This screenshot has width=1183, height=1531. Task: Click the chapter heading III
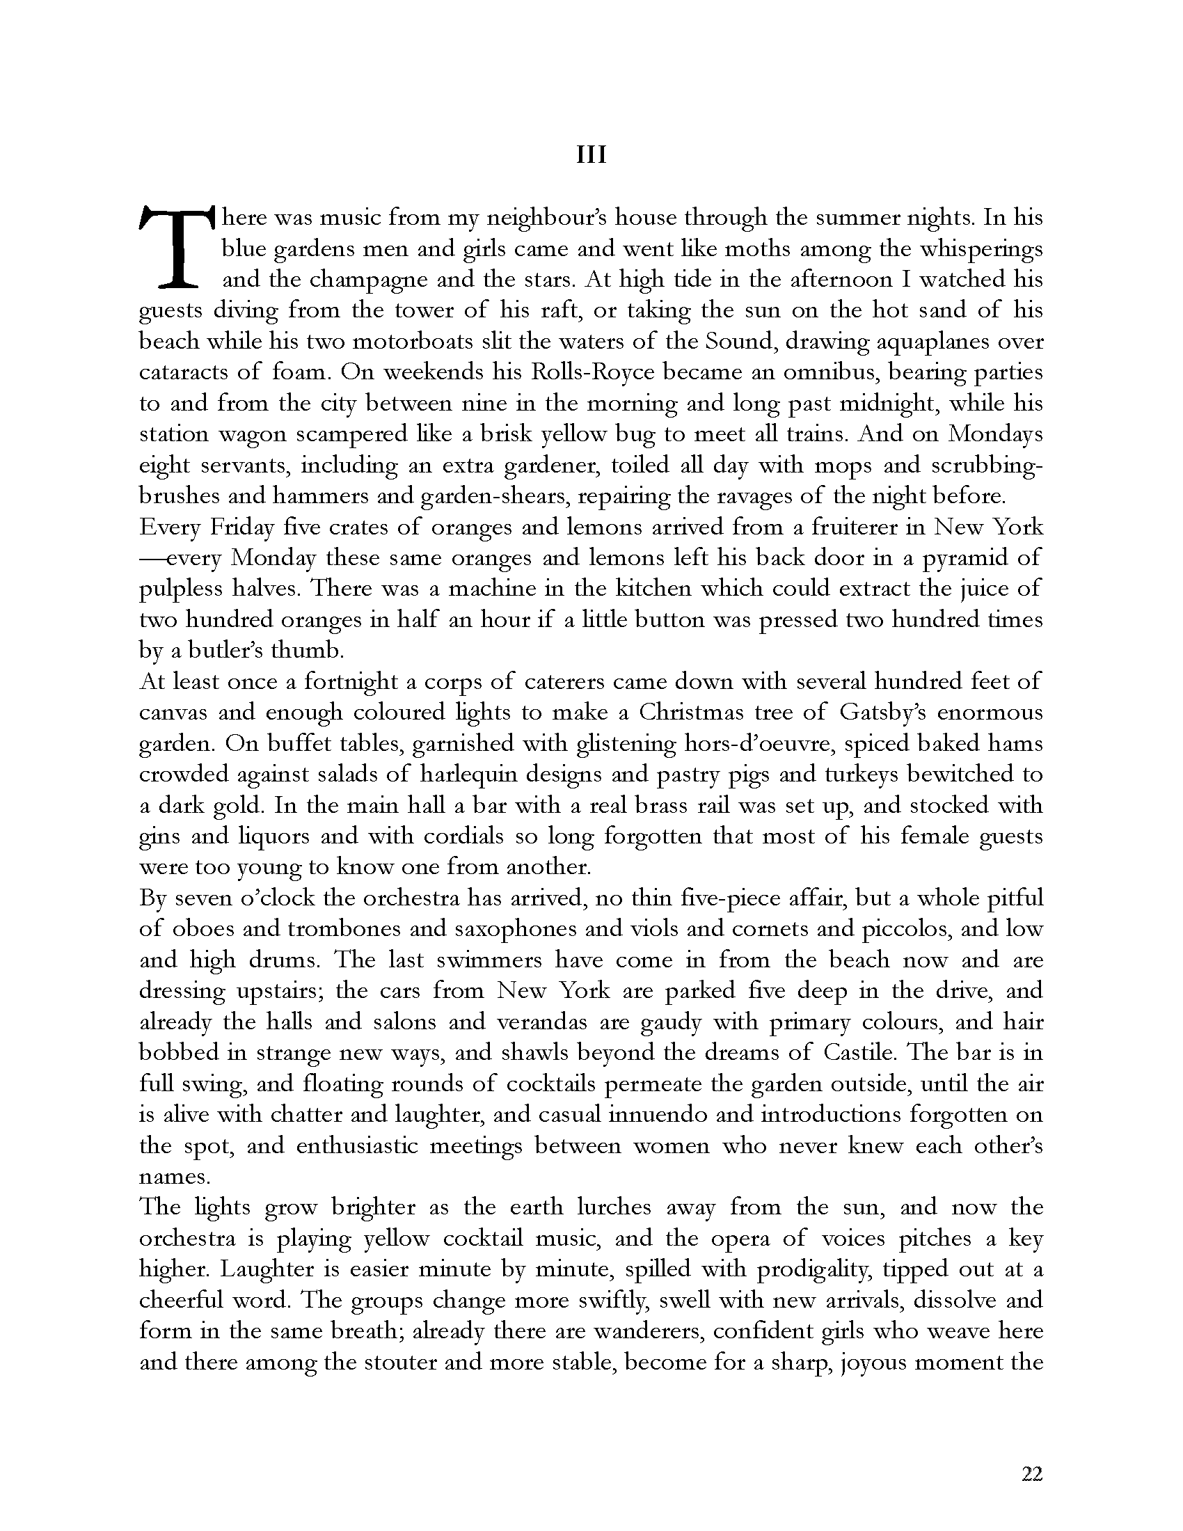(x=591, y=155)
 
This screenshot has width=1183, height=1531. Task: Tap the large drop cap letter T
(x=175, y=246)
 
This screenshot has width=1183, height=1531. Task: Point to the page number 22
(x=1031, y=1473)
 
